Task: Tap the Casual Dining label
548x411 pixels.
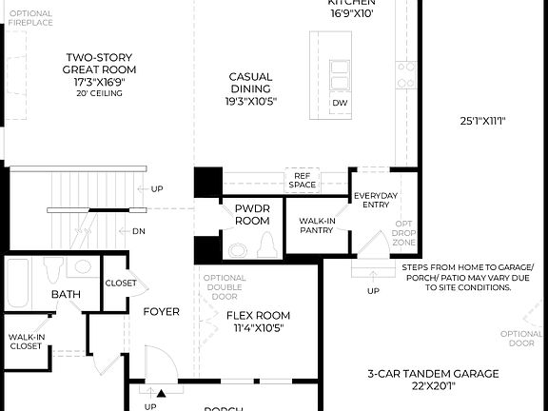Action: [249, 88]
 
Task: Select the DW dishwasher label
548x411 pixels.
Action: [340, 103]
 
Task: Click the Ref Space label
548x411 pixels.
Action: [303, 180]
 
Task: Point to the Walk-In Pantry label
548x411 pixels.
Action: [315, 224]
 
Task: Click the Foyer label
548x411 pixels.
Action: [161, 311]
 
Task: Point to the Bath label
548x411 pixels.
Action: [66, 295]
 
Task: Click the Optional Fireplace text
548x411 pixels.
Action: [31, 18]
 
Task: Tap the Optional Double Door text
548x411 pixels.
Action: [225, 286]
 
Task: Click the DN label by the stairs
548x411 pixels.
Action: [139, 230]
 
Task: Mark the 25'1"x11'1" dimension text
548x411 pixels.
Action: [481, 121]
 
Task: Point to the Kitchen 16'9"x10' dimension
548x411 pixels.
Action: [352, 13]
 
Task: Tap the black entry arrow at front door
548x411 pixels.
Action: [160, 391]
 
